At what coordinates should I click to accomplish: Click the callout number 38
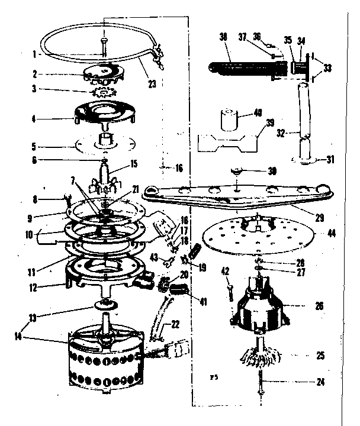point(223,35)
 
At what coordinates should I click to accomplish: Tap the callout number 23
point(152,84)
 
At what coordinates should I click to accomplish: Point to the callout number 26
point(320,306)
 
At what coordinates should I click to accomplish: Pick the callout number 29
point(319,218)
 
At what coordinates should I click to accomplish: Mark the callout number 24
point(320,382)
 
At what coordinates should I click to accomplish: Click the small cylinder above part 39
point(229,118)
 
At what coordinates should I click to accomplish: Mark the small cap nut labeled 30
point(236,172)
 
